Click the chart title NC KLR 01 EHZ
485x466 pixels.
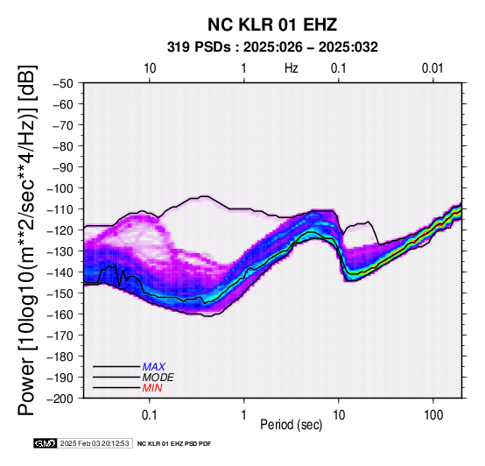pyautogui.click(x=272, y=25)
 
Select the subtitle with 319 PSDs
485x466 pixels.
pyautogui.click(x=272, y=47)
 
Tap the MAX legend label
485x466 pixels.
pyautogui.click(x=154, y=367)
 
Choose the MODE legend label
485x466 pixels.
pyautogui.click(x=158, y=378)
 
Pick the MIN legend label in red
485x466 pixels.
pyautogui.click(x=152, y=388)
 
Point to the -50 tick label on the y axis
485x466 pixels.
pyautogui.click(x=63, y=83)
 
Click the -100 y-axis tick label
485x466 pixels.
pyautogui.click(x=60, y=188)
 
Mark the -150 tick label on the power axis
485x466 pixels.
pyautogui.click(x=60, y=293)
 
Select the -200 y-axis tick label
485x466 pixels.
pyautogui.click(x=60, y=399)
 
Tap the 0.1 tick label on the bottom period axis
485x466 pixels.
pyautogui.click(x=150, y=415)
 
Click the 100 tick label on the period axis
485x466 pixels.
pyautogui.click(x=433, y=415)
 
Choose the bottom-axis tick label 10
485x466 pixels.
pyautogui.click(x=339, y=415)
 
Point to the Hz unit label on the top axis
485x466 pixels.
pyautogui.click(x=292, y=68)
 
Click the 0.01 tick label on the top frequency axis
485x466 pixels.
pyautogui.click(x=432, y=68)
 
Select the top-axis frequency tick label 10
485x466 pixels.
pyautogui.click(x=150, y=68)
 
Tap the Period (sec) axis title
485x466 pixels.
pyautogui.click(x=292, y=425)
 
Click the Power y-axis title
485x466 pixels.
pyautogui.click(x=26, y=241)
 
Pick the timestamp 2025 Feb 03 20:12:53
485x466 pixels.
pyautogui.click(x=95, y=443)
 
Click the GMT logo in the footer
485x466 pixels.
pyautogui.click(x=46, y=443)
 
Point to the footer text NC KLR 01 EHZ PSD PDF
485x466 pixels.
pyautogui.click(x=174, y=444)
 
